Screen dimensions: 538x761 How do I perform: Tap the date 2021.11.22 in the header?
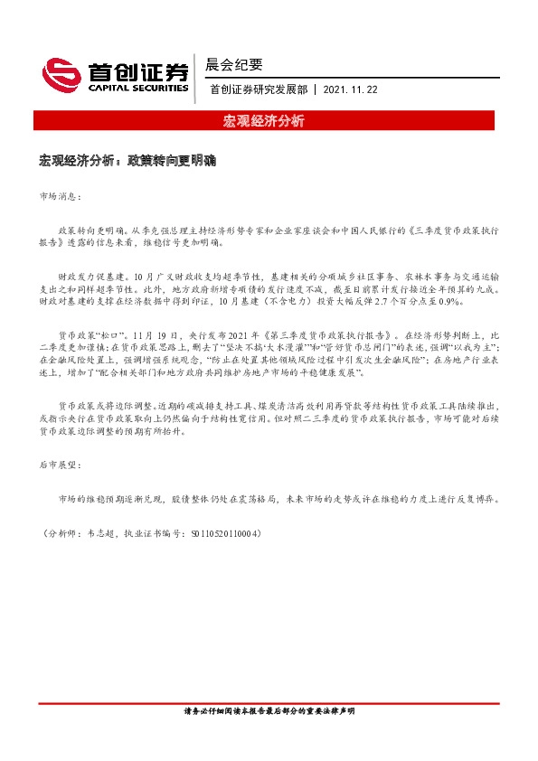point(351,89)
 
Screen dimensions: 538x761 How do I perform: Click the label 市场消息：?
point(61,195)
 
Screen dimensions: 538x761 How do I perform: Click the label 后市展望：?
point(61,464)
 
